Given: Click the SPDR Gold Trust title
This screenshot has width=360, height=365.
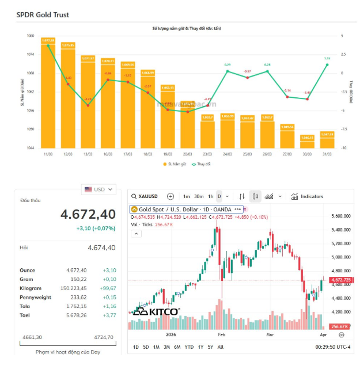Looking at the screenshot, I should [x=43, y=14].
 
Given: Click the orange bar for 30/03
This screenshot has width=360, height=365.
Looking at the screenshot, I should [x=307, y=142].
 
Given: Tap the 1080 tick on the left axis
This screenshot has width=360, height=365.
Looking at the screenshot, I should [x=31, y=36].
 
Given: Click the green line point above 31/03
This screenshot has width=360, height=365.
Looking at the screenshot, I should [x=327, y=64].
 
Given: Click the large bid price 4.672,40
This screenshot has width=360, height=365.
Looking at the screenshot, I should [x=88, y=214].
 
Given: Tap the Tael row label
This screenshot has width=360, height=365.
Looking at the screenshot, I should [x=25, y=315].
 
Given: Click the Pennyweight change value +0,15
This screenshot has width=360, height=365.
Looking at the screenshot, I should [x=109, y=298].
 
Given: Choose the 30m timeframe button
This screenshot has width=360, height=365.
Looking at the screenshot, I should [x=198, y=196].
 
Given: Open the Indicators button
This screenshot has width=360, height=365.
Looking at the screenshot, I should [x=307, y=196].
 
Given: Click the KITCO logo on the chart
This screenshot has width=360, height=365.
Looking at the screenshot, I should [x=156, y=311].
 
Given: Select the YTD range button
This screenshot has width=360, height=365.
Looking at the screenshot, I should [x=189, y=347].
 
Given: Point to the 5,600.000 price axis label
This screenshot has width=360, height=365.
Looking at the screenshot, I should [x=342, y=216].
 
